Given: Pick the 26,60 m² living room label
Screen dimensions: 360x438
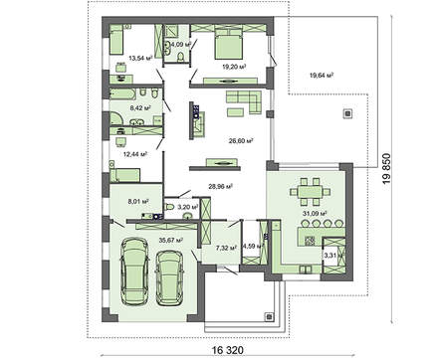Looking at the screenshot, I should coord(239,140).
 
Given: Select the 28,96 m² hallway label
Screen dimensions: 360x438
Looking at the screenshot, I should coord(221,185).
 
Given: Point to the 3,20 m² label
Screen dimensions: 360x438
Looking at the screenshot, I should coord(187,207).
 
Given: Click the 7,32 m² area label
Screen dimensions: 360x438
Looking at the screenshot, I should coord(225,250).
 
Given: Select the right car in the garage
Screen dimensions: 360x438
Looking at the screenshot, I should coord(170,277).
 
